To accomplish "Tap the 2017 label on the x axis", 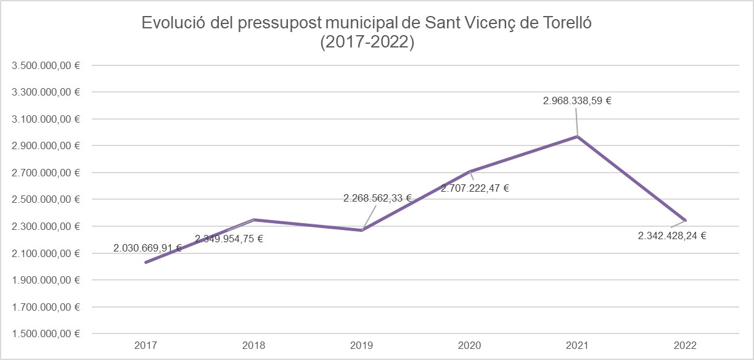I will tap(146, 346).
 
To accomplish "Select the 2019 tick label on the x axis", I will tap(362, 346).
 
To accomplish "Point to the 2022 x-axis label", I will tap(686, 346).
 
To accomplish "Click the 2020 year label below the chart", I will tap(470, 346).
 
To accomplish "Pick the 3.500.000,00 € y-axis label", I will tap(46, 65).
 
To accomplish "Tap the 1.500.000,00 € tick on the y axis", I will tap(46, 334).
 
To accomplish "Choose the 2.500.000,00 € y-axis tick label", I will tap(46, 200).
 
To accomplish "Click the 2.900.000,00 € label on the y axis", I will tap(46, 146).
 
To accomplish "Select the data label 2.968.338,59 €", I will tap(577, 100).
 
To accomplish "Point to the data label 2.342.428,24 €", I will tap(672, 235).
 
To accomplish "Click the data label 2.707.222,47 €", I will tap(475, 188).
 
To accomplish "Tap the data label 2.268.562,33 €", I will tap(377, 198).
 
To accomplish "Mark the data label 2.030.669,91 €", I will tap(147, 248).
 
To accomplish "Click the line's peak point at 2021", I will tap(578, 136).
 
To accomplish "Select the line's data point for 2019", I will tap(362, 231).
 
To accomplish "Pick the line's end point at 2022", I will tap(686, 221).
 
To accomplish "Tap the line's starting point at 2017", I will tap(146, 263).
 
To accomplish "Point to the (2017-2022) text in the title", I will tap(367, 43).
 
